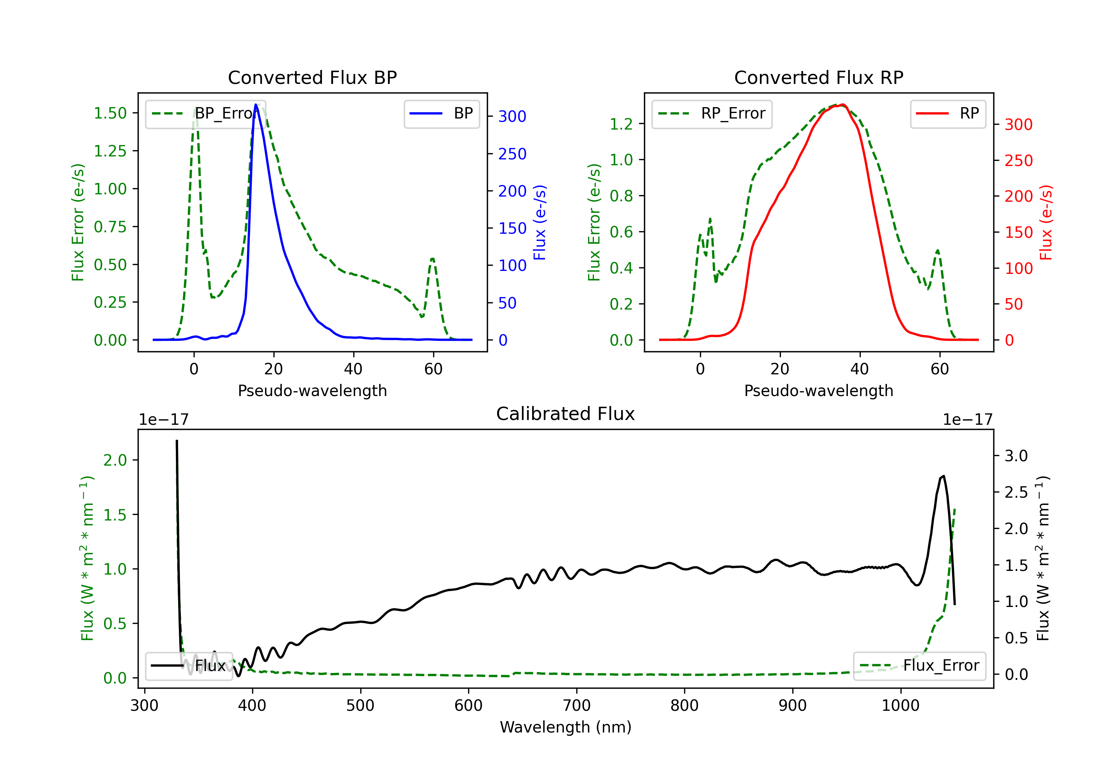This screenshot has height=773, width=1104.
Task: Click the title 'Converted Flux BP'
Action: [312, 77]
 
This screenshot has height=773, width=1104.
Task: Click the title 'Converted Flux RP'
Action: [818, 77]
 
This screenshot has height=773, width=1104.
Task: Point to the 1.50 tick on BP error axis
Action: [110, 113]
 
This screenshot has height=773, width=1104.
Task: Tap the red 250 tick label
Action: [1018, 160]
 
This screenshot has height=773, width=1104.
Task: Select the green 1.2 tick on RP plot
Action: [621, 124]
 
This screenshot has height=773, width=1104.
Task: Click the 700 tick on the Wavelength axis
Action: [577, 705]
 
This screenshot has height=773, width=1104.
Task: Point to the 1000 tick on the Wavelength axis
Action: [900, 705]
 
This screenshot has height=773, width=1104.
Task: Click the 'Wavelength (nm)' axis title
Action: [566, 727]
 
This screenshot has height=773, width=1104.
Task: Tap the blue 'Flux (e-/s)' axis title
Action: [539, 222]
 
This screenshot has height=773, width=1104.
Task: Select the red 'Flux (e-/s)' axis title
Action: [1046, 222]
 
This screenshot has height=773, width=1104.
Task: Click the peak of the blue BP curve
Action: [256, 105]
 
